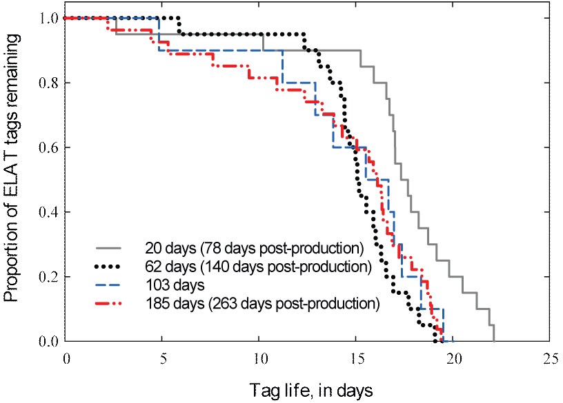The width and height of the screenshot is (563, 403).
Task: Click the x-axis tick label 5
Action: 164,358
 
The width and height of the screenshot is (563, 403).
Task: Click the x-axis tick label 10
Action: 260,358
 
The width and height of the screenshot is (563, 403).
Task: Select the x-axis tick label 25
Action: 551,358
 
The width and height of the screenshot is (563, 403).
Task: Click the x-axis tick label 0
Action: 66,358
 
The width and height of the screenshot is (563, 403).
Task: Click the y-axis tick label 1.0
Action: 46,18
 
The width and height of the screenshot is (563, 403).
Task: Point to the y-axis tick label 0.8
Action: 46,83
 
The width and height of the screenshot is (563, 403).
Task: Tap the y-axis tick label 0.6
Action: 46,147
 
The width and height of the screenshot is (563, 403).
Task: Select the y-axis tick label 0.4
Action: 46,212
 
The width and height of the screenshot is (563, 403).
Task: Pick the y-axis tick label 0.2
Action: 46,277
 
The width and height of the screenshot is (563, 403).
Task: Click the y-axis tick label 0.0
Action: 46,342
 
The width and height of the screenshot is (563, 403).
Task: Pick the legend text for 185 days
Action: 262,304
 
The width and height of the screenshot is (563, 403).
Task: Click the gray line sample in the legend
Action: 108,247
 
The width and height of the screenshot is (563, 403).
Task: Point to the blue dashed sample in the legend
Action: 108,285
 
